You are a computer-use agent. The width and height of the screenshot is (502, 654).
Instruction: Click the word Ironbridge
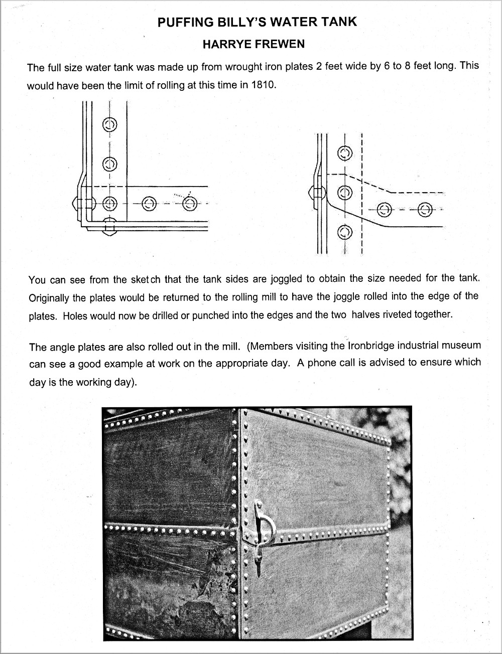coord(373,346)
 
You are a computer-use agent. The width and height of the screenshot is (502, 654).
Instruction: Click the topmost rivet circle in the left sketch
coord(110,123)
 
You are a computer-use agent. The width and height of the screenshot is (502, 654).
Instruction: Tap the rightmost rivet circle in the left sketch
coord(190,204)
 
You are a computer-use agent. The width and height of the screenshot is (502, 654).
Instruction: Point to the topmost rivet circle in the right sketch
coord(344,152)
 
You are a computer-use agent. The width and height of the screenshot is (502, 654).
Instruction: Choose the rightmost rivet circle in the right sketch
coord(425,209)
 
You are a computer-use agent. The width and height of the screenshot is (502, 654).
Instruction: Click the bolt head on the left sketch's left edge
coord(76,204)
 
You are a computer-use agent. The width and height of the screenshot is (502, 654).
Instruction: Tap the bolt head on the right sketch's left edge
coord(311,193)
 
